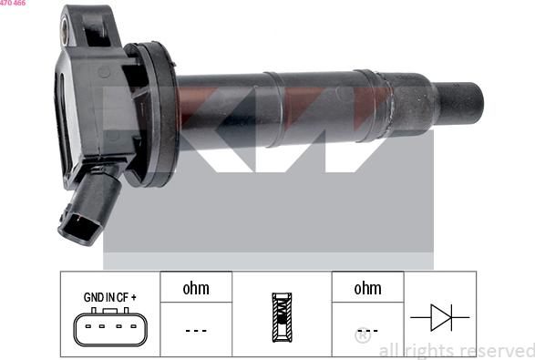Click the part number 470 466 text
[13, 3]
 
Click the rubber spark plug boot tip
[460, 103]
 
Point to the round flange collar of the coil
[160, 114]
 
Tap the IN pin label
[110, 297]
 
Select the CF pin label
[122, 297]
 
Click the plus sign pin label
[133, 297]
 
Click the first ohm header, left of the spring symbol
[196, 289]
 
